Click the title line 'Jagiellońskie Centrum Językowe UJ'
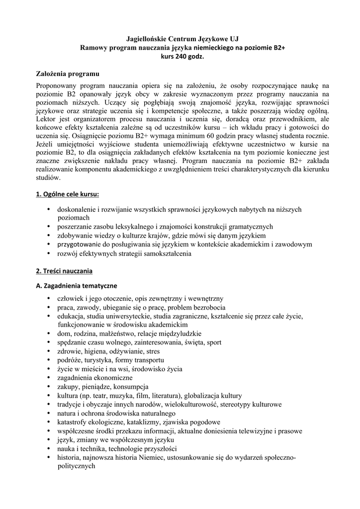click(180, 38)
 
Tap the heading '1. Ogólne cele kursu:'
click(68, 193)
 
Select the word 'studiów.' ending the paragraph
click(48, 177)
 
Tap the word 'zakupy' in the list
click(67, 386)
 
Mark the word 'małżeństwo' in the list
click(112, 333)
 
